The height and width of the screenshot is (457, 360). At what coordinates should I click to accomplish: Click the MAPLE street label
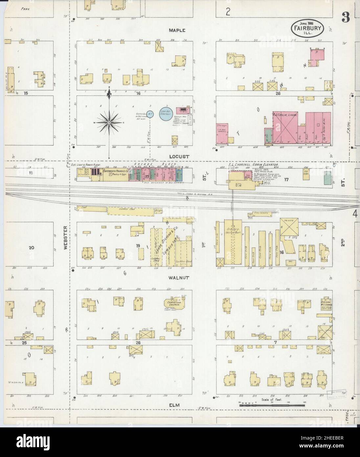click(177, 30)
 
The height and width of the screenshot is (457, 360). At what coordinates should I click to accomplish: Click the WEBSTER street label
click(65, 237)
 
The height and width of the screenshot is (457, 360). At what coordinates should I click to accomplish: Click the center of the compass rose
click(109, 122)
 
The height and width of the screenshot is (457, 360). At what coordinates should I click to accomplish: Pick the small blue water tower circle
click(150, 115)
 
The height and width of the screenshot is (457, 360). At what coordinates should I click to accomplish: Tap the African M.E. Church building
click(325, 304)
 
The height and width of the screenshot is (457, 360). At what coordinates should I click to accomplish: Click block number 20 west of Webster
click(32, 248)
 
